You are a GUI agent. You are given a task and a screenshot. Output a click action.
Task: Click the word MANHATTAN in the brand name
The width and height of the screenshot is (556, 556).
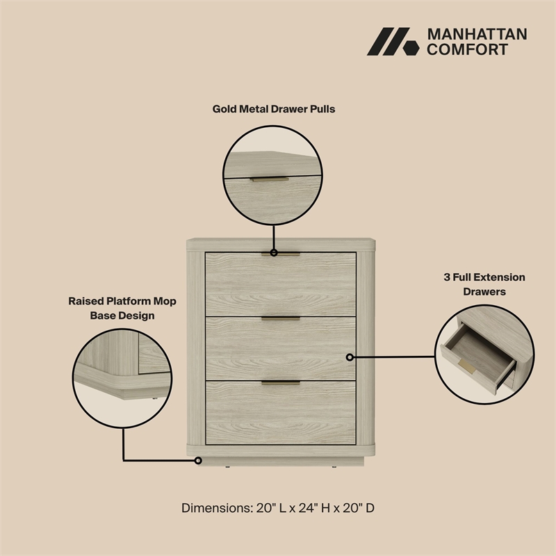(477, 34)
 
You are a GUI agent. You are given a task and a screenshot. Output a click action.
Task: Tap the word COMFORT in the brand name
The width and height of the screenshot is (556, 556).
(467, 49)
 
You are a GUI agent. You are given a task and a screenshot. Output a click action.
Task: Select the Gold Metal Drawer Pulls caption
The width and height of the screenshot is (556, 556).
(274, 109)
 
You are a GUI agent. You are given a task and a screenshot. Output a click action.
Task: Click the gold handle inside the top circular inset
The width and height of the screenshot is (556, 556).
(270, 179)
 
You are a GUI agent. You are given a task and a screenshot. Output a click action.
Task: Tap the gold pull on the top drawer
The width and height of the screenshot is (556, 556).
(281, 254)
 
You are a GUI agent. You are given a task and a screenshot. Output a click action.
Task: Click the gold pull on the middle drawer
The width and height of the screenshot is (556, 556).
(281, 318)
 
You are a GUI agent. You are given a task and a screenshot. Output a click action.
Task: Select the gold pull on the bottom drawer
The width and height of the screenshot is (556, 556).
(281, 382)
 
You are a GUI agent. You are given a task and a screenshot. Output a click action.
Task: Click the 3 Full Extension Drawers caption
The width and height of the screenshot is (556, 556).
(484, 284)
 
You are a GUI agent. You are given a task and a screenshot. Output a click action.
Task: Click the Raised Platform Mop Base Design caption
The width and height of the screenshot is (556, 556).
(122, 308)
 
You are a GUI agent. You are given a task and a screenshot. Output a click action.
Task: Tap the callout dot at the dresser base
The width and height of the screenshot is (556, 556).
(199, 460)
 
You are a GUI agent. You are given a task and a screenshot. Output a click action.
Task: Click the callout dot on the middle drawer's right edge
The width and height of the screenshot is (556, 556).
(350, 357)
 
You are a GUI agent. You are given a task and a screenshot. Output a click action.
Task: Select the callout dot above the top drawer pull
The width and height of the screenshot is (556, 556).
(274, 253)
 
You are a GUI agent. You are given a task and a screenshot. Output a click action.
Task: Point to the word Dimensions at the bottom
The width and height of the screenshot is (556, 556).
(215, 508)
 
